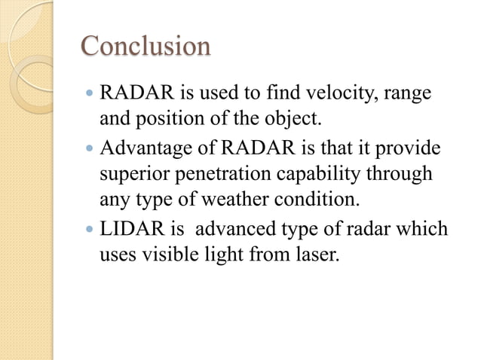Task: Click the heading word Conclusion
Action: click(x=146, y=46)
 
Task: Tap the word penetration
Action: click(x=222, y=175)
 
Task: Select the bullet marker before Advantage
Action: click(x=90, y=149)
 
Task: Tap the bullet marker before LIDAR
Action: click(x=90, y=229)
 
